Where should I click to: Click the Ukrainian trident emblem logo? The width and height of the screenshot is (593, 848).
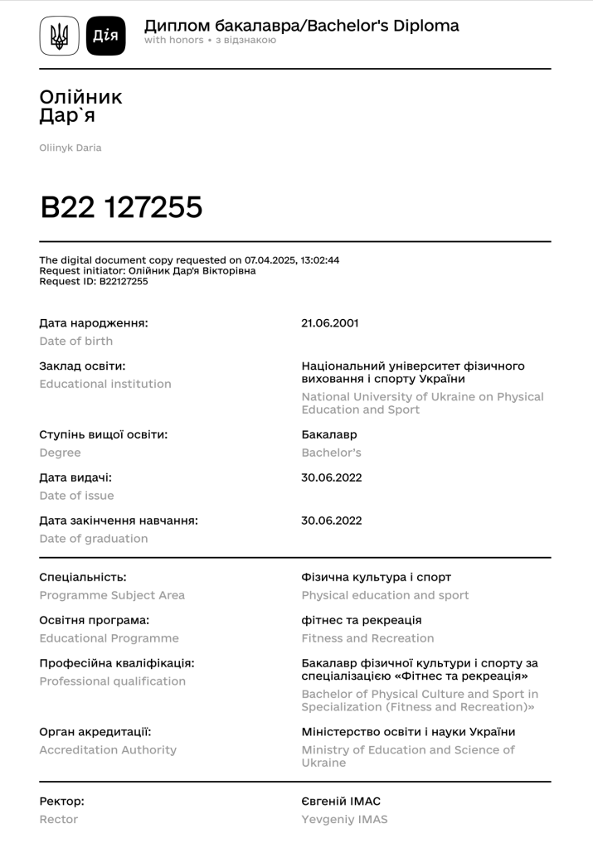coord(60,36)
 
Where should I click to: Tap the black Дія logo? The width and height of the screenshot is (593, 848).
coord(105,36)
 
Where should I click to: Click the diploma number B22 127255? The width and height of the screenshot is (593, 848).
coord(121,207)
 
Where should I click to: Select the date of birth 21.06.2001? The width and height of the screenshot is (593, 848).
coord(329,323)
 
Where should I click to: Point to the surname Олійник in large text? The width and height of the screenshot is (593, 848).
coord(80,97)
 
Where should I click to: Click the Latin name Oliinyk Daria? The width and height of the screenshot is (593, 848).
coord(70,148)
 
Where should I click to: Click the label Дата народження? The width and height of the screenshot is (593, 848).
coord(94,323)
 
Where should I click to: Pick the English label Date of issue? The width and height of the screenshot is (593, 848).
coord(76,496)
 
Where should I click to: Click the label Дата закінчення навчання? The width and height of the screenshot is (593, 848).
coord(119,521)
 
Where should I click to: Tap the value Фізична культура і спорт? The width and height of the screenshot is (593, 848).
coord(376,577)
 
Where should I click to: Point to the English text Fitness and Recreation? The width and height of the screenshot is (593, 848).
coord(367,638)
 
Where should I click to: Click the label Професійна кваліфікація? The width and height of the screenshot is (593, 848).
coord(117,663)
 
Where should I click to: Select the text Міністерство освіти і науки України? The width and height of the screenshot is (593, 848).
coord(408,732)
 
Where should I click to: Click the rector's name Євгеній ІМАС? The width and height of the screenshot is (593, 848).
coord(341,802)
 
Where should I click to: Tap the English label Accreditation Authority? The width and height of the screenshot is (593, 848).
coord(108,750)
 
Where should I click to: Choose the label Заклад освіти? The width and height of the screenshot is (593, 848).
coord(82,366)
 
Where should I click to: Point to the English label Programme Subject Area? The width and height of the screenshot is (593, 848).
coord(112,595)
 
